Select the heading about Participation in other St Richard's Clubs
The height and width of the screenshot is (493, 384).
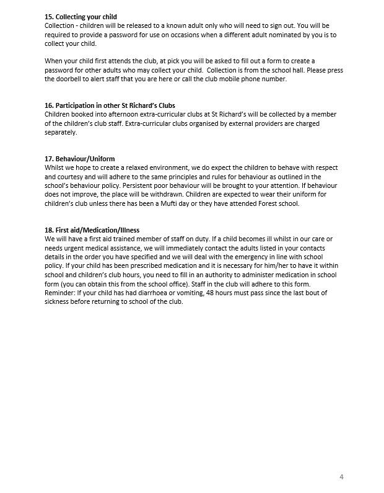pos(114,105)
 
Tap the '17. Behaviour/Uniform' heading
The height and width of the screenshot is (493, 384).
pos(79,159)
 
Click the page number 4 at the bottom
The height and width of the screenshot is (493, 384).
pos(341,476)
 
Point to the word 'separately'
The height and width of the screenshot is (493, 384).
pos(61,132)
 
